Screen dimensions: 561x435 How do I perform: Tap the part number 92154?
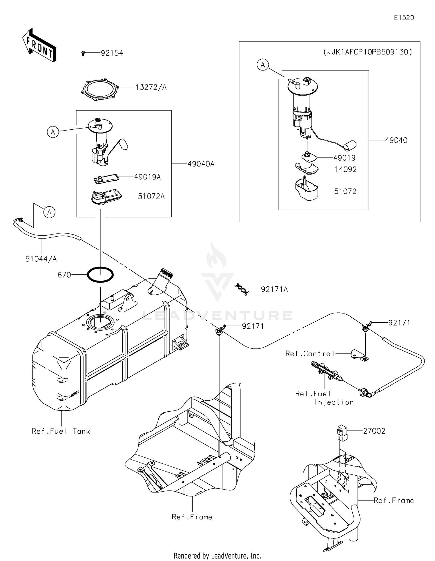point(112,53)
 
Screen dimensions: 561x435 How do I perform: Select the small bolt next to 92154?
point(83,53)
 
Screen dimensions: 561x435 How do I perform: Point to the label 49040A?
point(201,164)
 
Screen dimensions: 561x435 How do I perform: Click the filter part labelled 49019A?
point(106,178)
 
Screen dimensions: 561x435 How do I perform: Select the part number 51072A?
point(151,197)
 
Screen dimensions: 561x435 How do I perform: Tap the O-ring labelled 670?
point(100,274)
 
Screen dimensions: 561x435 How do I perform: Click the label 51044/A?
point(41,259)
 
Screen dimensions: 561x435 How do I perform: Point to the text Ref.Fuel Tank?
point(61,431)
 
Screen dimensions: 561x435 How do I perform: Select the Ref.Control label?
point(310,354)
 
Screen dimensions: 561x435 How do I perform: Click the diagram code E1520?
point(404,18)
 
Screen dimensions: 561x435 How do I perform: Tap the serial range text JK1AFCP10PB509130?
point(367,52)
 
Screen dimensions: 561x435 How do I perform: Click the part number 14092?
point(345,170)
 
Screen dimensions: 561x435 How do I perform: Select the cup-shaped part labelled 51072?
point(306,190)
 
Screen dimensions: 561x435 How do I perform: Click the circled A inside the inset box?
point(263,65)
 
